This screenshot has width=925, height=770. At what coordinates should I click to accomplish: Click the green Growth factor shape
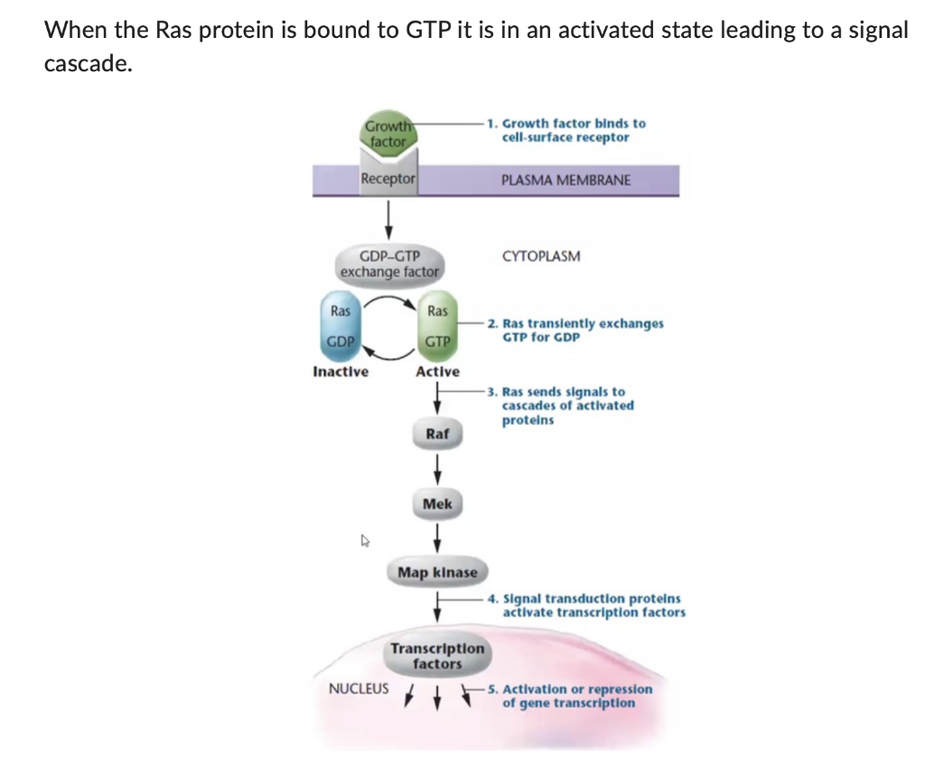[388, 134]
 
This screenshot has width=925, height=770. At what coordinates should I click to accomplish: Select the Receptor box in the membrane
[388, 179]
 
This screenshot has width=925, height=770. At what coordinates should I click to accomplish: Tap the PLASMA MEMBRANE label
[565, 180]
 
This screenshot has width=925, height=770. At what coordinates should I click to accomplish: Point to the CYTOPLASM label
[541, 256]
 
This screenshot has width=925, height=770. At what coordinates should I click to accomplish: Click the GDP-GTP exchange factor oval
[389, 263]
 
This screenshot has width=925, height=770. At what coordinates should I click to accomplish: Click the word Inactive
[341, 371]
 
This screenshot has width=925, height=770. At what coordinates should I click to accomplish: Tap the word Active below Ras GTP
[437, 371]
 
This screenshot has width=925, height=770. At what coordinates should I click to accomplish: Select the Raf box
[437, 434]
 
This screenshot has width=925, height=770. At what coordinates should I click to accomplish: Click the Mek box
[437, 503]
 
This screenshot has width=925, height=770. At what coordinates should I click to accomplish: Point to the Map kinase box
[437, 572]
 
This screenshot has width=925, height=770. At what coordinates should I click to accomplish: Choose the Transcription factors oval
[437, 656]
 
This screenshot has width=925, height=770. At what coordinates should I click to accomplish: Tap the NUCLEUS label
[359, 688]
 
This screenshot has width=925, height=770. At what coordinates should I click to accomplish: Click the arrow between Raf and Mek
[437, 469]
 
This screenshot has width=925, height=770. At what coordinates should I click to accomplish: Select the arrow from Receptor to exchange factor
[388, 216]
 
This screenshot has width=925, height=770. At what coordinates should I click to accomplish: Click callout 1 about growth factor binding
[565, 130]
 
